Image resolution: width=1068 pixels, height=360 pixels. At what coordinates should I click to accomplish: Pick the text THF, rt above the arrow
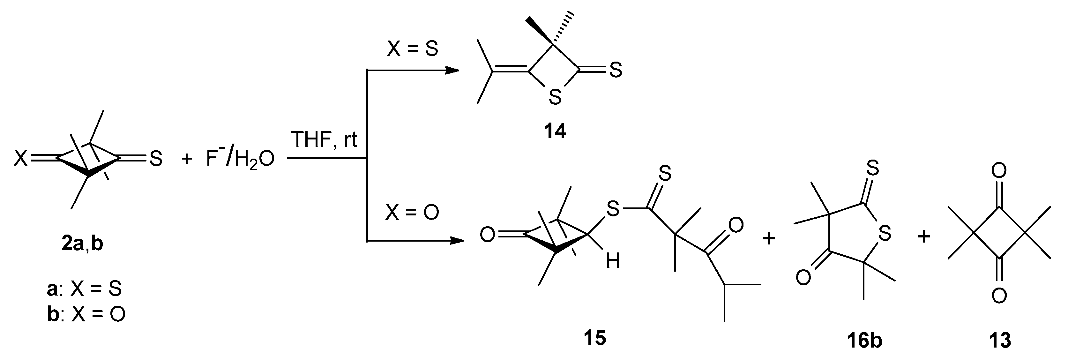pos(325,140)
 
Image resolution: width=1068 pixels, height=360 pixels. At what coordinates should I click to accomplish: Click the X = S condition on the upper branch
pos(412,49)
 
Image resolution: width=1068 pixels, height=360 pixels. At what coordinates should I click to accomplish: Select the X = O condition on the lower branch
pos(412,213)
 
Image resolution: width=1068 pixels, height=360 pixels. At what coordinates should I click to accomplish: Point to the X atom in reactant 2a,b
pos(21,158)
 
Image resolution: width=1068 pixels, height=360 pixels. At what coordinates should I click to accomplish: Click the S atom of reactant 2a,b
pos(155,158)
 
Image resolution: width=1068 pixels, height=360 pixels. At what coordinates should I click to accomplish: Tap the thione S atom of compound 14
pos(616,70)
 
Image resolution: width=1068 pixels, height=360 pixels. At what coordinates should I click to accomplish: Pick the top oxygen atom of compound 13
pos(999,171)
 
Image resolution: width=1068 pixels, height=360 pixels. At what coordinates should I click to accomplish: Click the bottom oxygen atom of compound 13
pos(999,296)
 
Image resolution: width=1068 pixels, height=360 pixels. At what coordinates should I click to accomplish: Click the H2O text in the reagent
pos(254,160)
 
